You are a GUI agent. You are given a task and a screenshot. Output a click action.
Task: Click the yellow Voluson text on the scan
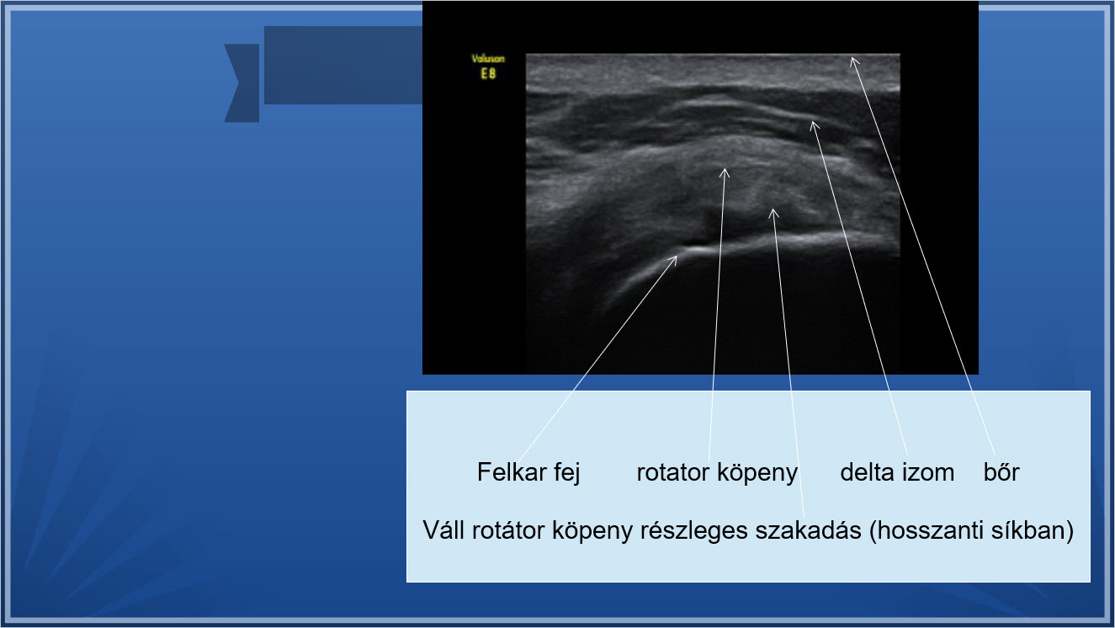pos(488,59)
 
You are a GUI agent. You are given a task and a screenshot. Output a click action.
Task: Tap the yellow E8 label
pos(488,74)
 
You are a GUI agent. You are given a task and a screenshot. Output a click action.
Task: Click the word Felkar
pos(512,471)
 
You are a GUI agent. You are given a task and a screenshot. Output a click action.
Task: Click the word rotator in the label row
pos(673,472)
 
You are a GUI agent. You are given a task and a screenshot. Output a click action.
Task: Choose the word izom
pos(928,472)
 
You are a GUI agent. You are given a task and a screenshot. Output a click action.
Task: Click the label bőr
pos(1001,472)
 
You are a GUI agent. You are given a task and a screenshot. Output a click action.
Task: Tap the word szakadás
pos(809,530)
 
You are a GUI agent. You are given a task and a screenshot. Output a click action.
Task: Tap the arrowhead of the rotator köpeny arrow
pos(725,171)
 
